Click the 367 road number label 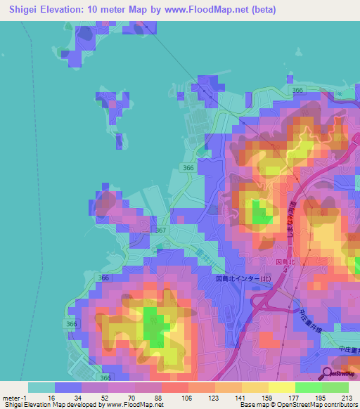162,231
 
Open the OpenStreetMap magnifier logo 328,373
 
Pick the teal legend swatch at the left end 41,387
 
